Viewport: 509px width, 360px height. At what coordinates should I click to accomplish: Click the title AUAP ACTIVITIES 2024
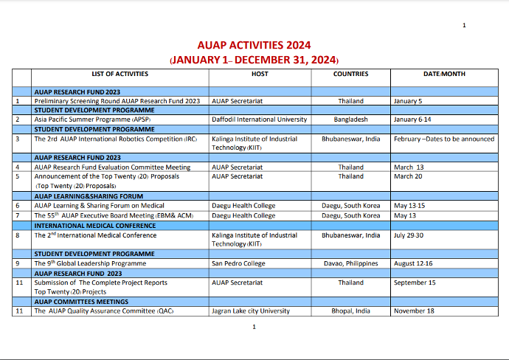coord(254,45)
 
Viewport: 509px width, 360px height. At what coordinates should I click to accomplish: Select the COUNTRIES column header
coord(350,74)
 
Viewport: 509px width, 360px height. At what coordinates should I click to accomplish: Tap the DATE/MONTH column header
coord(444,74)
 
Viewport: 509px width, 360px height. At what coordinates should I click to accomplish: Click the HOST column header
coord(260,74)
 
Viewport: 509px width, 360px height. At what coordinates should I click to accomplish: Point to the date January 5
coord(408,101)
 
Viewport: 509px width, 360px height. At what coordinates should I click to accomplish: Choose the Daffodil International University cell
coord(259,120)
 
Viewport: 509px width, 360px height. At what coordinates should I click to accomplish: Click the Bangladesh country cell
coord(350,120)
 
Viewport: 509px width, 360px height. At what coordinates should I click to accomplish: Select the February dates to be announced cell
coord(444,139)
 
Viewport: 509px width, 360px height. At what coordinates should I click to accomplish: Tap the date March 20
coord(408,176)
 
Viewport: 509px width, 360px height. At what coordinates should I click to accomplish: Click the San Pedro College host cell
coord(238,263)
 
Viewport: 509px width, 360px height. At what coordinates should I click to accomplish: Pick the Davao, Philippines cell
coord(350,263)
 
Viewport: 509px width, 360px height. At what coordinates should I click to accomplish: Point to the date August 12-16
coord(413,263)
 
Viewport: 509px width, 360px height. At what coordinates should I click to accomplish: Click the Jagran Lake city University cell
coord(251,311)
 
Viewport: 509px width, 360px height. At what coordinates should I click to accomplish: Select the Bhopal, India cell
coord(350,311)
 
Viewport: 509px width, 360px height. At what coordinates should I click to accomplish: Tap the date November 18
coord(414,311)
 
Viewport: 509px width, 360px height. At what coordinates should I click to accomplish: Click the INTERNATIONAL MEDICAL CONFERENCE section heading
coord(95,226)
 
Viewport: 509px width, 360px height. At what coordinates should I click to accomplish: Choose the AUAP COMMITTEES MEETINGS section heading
coord(81,302)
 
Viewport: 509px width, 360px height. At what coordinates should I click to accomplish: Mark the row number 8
coord(18,235)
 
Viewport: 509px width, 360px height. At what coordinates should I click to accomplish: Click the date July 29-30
coord(409,235)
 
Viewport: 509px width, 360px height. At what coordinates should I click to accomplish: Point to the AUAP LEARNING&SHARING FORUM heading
coord(89,196)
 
